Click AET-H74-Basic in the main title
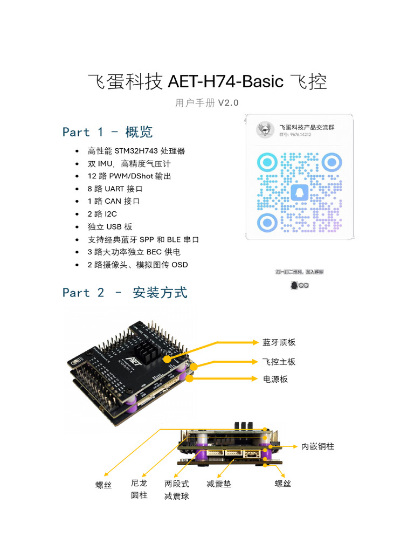tap(225, 82)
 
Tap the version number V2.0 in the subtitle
tap(228, 103)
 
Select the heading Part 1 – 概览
tap(107, 132)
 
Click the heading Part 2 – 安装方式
tap(125, 293)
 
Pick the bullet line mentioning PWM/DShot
tap(129, 176)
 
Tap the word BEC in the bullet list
tap(155, 252)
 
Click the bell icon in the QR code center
tap(299, 192)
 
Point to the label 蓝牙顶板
tap(279, 342)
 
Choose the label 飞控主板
tap(279, 362)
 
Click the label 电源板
tap(275, 379)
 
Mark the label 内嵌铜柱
tap(318, 446)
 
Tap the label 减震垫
tap(219, 484)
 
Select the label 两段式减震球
tap(176, 490)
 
